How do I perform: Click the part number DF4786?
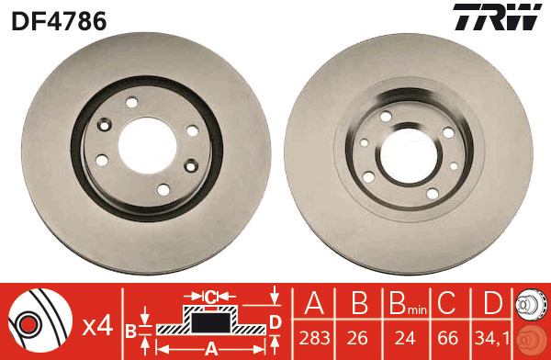(59, 21)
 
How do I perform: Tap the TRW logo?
(497, 17)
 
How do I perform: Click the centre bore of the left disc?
(147, 145)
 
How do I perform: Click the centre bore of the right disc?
(409, 156)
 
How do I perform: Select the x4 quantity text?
(97, 327)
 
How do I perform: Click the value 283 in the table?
(314, 338)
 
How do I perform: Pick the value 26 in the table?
(357, 338)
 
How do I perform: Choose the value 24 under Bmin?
(405, 338)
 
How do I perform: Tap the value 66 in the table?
(448, 338)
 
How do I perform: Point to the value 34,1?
(491, 338)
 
